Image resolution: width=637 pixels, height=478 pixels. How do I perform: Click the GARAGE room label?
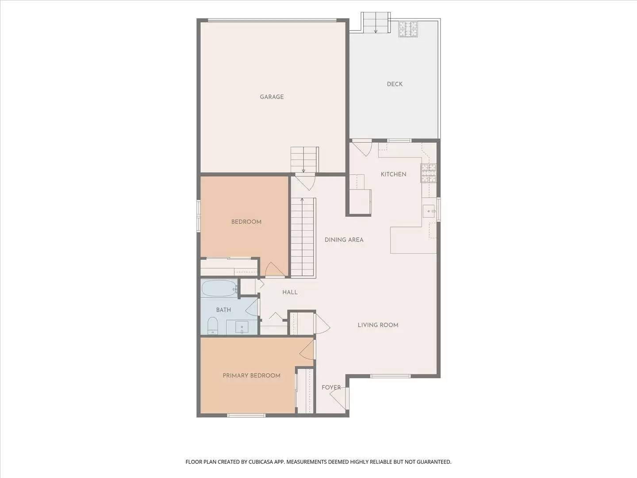(272, 97)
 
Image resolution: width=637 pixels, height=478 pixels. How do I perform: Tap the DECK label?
(395, 84)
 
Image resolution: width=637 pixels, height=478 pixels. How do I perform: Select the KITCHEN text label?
(393, 174)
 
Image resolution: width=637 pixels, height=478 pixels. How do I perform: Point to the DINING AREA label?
(344, 240)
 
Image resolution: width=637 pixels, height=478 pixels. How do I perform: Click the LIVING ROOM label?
(378, 325)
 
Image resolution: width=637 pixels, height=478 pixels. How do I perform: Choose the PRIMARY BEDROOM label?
(251, 376)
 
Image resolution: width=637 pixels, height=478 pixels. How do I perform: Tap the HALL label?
(290, 292)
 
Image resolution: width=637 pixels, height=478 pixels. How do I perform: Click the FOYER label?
(331, 388)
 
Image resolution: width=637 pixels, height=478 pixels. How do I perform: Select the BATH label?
(223, 310)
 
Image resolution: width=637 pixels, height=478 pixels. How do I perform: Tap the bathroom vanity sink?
(242, 328)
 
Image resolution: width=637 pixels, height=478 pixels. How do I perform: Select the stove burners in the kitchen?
(428, 173)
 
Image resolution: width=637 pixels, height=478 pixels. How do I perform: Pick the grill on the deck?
(408, 29)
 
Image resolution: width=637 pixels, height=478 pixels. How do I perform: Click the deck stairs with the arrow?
(376, 23)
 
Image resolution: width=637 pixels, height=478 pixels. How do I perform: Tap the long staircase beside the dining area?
(303, 238)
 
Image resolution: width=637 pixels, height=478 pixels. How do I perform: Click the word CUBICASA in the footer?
(257, 462)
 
